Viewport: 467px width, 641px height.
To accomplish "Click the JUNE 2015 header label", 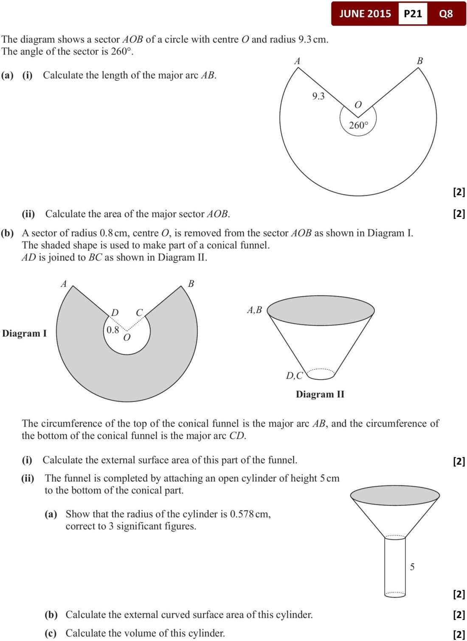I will tap(365, 14).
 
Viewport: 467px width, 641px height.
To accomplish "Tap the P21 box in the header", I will tap(413, 14).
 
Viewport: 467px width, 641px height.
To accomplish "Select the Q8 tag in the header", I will tap(446, 14).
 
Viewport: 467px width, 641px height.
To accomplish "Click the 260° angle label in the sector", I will tap(358, 125).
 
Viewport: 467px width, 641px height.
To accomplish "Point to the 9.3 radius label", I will tap(318, 96).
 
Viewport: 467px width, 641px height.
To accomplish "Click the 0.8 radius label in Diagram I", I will tap(113, 330).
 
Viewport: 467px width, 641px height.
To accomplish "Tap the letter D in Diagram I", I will tap(115, 312).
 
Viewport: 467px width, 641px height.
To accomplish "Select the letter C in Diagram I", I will tap(139, 312).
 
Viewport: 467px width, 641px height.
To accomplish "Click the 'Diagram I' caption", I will tap(24, 333).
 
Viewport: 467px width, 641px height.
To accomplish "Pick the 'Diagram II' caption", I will tap(320, 394).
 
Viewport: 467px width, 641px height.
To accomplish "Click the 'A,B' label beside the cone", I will tap(254, 310).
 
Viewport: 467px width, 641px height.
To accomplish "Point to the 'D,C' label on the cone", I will tap(294, 375).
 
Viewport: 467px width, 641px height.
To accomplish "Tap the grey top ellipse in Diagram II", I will tap(321, 310).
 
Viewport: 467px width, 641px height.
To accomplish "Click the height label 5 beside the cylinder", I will tap(412, 567).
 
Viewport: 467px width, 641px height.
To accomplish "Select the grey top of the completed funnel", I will tap(395, 495).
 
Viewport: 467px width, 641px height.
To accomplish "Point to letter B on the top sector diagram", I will tap(420, 61).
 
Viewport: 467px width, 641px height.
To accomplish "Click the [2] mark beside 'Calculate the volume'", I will tap(459, 634).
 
